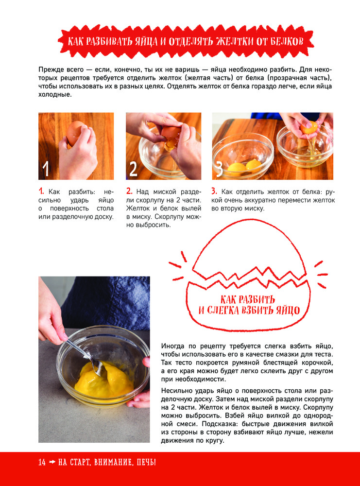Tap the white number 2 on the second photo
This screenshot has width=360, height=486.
[x=133, y=169]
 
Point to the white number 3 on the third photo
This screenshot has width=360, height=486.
[x=219, y=169]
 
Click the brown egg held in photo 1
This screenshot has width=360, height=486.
[x=75, y=133]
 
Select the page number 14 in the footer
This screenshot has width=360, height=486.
[x=42, y=463]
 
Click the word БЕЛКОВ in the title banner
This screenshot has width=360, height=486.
[x=287, y=41]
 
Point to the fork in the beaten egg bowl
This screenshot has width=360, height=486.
[x=83, y=356]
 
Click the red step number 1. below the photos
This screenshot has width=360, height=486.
[x=41, y=191]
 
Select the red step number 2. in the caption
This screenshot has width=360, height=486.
[x=130, y=191]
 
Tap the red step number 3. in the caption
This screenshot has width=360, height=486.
[x=214, y=191]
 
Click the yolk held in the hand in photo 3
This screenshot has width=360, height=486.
[x=309, y=127]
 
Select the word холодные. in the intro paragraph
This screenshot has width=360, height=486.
[x=55, y=94]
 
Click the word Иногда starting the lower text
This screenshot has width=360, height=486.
[x=172, y=346]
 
